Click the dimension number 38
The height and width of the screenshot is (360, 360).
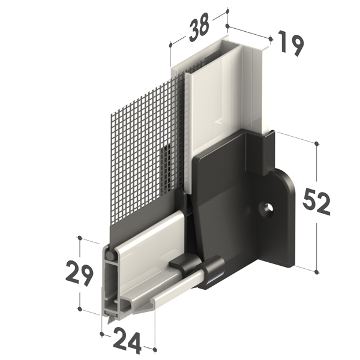coord(199,28)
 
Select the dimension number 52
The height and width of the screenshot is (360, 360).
coord(316,202)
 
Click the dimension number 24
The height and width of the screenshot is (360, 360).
coord(127,343)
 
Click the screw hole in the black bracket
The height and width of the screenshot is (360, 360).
coord(266,208)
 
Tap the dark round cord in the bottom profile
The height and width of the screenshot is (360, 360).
coord(110,256)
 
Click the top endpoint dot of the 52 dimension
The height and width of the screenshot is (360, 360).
coord(317,144)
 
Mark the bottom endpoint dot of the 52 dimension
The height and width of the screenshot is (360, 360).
coord(317,272)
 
